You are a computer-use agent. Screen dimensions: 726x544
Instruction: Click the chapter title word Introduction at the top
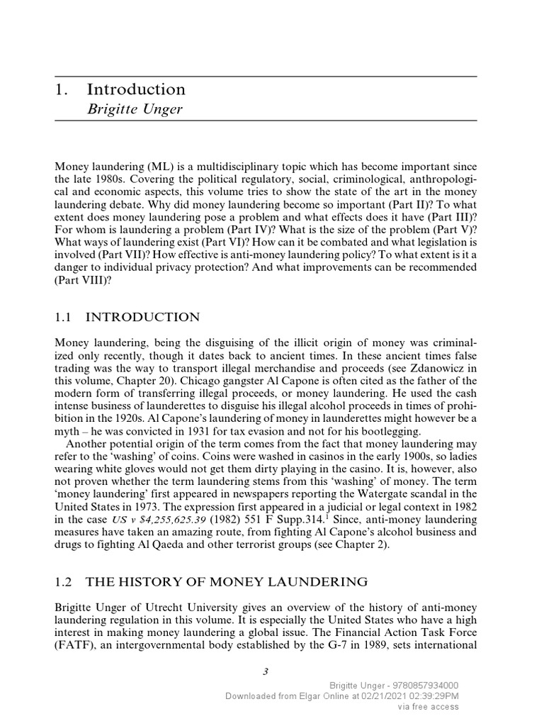point(136,89)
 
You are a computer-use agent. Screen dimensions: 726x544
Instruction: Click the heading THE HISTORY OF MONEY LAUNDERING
point(227,582)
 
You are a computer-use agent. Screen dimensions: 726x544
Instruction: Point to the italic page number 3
point(265,672)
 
